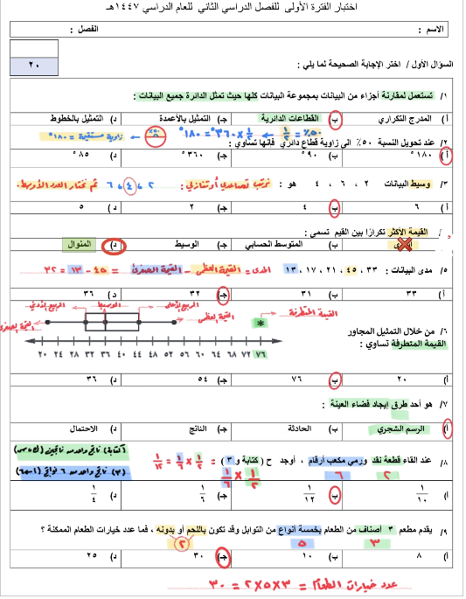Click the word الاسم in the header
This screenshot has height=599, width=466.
pyautogui.click(x=432, y=29)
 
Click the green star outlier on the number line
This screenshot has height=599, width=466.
pyautogui.click(x=260, y=323)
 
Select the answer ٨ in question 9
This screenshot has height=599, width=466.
pyautogui.click(x=419, y=554)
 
